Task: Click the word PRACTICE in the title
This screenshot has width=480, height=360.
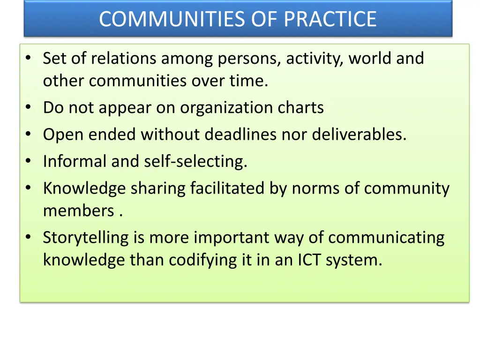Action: (x=330, y=19)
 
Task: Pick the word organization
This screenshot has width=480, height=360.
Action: (x=220, y=108)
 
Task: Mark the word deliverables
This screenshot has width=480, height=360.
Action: (x=359, y=135)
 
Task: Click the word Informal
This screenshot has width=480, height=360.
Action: (x=75, y=162)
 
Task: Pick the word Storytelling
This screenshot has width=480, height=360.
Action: (x=85, y=238)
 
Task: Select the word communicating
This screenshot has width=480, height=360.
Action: (x=386, y=238)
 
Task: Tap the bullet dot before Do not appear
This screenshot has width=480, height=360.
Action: (x=29, y=108)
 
